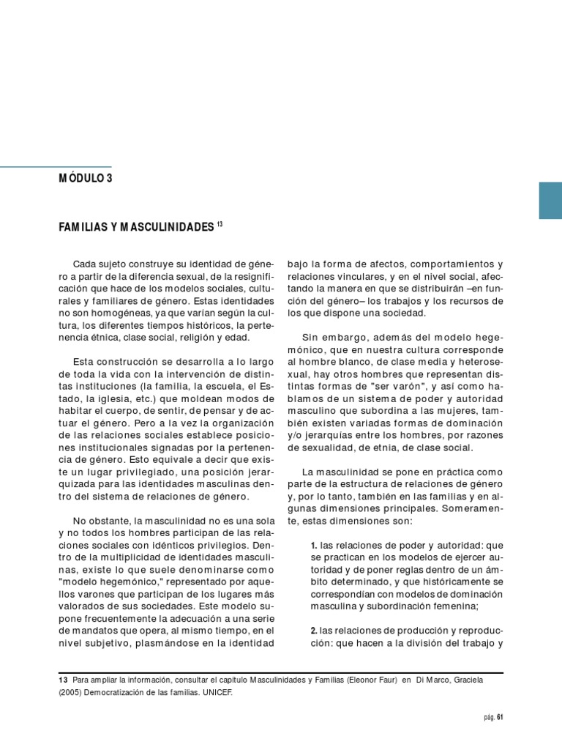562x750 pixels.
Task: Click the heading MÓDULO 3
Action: tap(86, 178)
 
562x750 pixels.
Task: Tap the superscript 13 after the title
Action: tap(220, 224)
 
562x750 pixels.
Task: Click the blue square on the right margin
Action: tap(550, 200)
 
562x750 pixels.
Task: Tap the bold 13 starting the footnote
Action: tap(62, 678)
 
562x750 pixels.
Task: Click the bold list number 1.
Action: tap(313, 546)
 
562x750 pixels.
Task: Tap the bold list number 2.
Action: tap(313, 630)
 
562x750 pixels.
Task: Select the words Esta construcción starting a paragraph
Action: tap(115, 361)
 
